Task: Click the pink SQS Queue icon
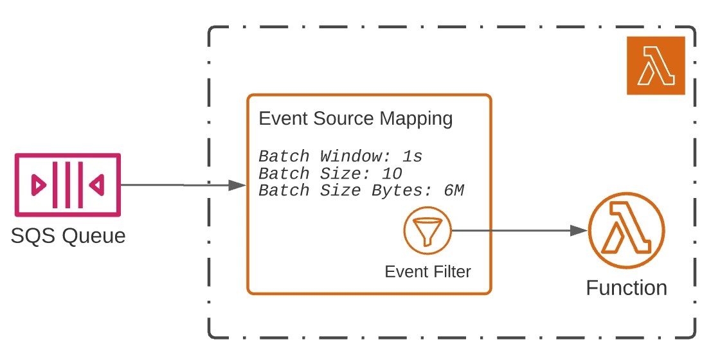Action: pyautogui.click(x=67, y=185)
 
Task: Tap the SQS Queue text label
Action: pyautogui.click(x=68, y=236)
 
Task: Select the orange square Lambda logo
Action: pyautogui.click(x=656, y=66)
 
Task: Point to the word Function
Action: pyautogui.click(x=626, y=287)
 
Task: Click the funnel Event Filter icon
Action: pyautogui.click(x=428, y=231)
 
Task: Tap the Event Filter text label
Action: pyautogui.click(x=428, y=271)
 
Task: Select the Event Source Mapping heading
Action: pyautogui.click(x=355, y=119)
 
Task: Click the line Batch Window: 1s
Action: pyautogui.click(x=340, y=156)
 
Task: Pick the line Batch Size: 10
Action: pyautogui.click(x=330, y=174)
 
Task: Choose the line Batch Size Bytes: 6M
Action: pyautogui.click(x=361, y=190)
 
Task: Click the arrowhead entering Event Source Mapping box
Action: pyautogui.click(x=239, y=185)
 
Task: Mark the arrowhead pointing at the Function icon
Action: pyautogui.click(x=580, y=230)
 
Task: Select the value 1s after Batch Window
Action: pyautogui.click(x=411, y=156)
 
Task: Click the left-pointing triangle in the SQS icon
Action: pyautogui.click(x=96, y=185)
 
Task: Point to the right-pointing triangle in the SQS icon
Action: pyautogui.click(x=39, y=185)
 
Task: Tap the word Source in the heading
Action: pyautogui.click(x=352, y=119)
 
